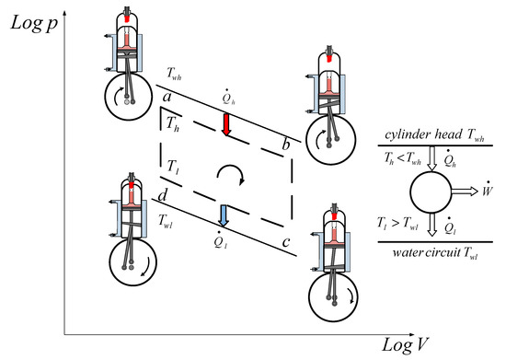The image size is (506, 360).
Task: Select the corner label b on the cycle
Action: click(286, 146)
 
